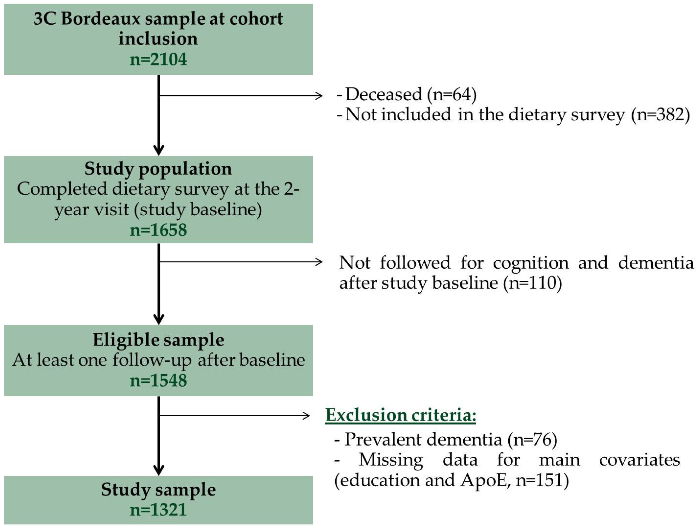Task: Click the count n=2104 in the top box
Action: click(x=158, y=59)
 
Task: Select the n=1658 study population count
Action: click(x=158, y=229)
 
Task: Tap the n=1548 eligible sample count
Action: click(x=158, y=380)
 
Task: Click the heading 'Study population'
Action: click(x=158, y=168)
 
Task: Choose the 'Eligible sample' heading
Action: click(x=158, y=340)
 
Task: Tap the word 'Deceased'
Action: click(x=383, y=94)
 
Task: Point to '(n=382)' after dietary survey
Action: click(x=660, y=115)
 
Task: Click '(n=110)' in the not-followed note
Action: click(x=533, y=283)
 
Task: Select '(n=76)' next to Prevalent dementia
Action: click(x=532, y=439)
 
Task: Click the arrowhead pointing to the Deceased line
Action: click(x=319, y=95)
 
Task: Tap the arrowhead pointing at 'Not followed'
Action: click(x=319, y=262)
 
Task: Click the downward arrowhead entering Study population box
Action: click(x=158, y=150)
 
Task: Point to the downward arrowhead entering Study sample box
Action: click(x=158, y=470)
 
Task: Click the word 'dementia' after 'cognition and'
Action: click(x=655, y=263)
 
